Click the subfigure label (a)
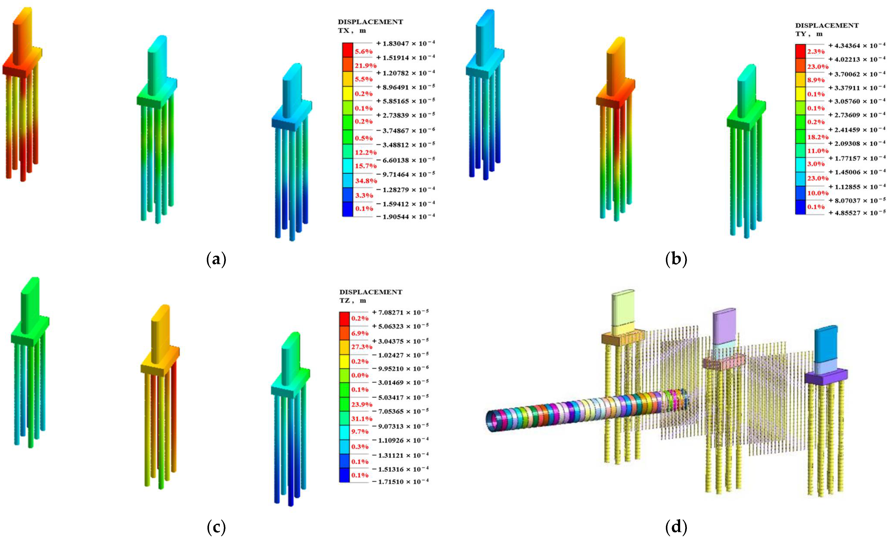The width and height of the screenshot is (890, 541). [216, 259]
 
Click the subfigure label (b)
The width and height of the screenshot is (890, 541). [676, 259]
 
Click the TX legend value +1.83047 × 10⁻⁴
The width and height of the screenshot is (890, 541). [405, 43]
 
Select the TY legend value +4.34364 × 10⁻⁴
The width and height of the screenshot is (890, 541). [857, 45]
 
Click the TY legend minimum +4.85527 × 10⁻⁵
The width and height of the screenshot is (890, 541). [857, 213]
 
